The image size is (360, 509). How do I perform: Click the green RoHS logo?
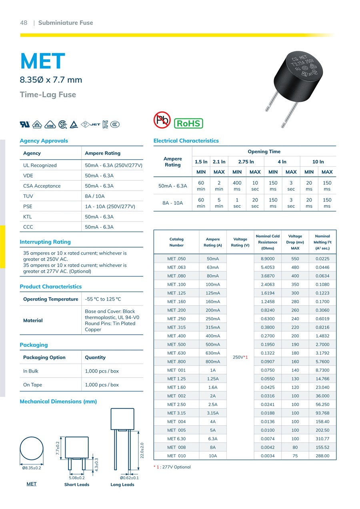[x=188, y=123]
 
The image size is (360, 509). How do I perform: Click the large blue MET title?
[x=42, y=61]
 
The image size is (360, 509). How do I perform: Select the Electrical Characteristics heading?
[x=186, y=141]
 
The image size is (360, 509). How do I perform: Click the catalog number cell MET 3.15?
[x=176, y=413]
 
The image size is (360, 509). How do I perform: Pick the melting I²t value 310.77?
[x=322, y=439]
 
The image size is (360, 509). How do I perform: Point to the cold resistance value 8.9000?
[x=267, y=259]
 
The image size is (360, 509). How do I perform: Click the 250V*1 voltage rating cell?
[x=240, y=357]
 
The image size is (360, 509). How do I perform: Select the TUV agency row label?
[x=28, y=196]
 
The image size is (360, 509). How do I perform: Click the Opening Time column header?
[x=264, y=152]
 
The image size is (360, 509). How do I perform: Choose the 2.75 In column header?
[x=246, y=162]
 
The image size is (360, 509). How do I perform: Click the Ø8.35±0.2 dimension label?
[x=32, y=468]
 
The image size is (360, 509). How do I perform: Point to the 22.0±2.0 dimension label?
[x=142, y=450]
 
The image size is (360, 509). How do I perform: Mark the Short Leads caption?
[x=77, y=485]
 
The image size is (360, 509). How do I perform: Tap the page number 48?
[x=24, y=23]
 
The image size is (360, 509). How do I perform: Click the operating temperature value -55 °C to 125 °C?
[x=103, y=299]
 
